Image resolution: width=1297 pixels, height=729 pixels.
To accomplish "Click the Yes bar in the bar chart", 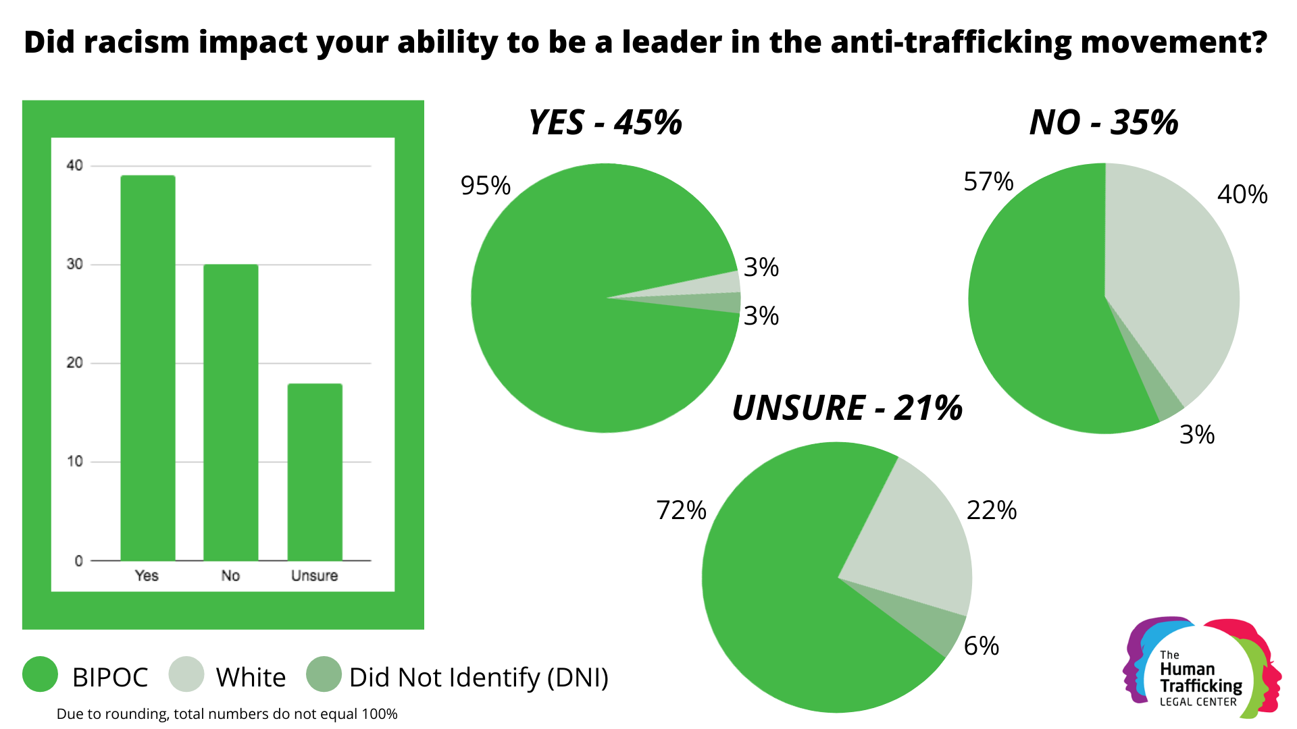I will click(x=148, y=368).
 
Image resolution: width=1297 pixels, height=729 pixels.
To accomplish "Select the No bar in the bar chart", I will click(x=230, y=412).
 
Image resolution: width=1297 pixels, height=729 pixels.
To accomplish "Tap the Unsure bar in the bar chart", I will click(x=315, y=472).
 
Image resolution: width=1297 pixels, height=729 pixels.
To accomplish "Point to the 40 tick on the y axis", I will click(x=74, y=165).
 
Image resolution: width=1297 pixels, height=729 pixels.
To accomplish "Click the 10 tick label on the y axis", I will click(x=74, y=462).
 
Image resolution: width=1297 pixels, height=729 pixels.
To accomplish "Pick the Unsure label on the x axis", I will click(x=314, y=576).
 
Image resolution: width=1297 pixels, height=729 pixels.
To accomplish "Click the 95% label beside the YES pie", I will click(x=485, y=186).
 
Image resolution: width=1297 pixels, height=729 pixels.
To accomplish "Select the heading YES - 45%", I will click(x=605, y=123).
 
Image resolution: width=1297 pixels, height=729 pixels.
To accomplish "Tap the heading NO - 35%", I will click(x=1103, y=123).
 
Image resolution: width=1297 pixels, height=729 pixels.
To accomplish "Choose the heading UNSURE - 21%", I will click(x=847, y=408).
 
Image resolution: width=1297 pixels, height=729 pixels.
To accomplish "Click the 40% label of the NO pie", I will click(x=1242, y=194).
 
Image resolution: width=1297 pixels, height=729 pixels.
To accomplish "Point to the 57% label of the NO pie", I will click(x=988, y=182).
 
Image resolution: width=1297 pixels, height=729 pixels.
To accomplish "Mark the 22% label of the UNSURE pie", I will click(x=991, y=510).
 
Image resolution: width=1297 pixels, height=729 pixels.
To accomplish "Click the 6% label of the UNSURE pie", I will click(x=981, y=646).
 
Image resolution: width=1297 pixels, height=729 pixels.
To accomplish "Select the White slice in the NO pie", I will click(x=1175, y=283).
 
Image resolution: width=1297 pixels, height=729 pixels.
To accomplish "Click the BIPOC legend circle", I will click(x=40, y=674).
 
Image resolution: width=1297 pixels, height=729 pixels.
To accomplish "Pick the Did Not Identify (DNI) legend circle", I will click(x=324, y=674).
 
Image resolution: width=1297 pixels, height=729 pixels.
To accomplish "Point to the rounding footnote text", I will click(x=227, y=714).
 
